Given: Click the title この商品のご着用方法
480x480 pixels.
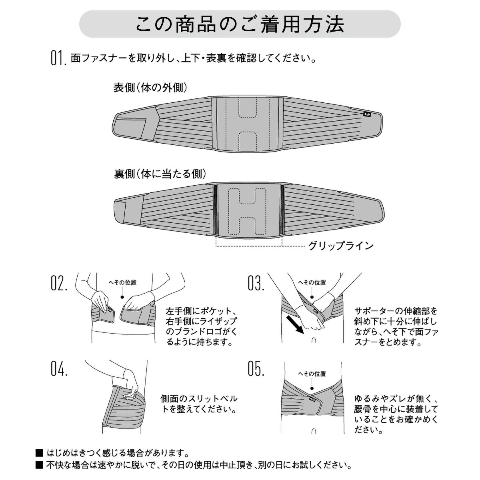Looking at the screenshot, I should pos(240,25).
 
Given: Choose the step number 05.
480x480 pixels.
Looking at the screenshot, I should pos(256,369).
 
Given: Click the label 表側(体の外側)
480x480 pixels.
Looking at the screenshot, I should pos(150,88).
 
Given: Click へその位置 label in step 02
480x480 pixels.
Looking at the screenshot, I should pos(123,283).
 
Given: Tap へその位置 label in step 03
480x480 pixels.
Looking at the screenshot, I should pos(312,283).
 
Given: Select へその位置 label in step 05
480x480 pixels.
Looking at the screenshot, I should pos(312,374).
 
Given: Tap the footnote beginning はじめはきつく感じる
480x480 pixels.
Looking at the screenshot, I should pos(116,453).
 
